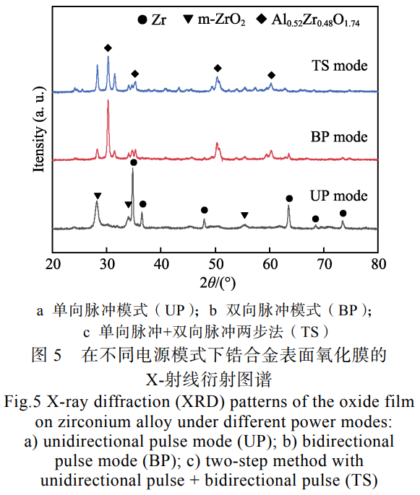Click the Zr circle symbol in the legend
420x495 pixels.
(141, 20)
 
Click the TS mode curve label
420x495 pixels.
(340, 66)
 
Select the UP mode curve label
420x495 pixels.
(339, 196)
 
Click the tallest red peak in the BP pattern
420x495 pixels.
(108, 102)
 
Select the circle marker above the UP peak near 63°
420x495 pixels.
(289, 198)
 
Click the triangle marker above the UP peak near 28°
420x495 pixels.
(98, 196)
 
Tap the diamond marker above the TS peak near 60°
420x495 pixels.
(271, 75)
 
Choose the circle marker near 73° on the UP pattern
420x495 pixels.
(343, 214)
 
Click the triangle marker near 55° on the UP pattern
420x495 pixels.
(244, 215)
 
